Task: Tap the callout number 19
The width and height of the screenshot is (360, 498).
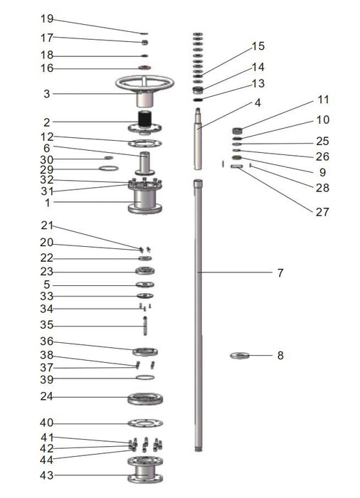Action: click(47, 18)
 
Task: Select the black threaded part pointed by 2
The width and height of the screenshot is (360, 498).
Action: click(145, 119)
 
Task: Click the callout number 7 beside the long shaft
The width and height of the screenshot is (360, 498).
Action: click(280, 272)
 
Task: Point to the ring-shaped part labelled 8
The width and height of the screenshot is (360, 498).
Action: click(240, 356)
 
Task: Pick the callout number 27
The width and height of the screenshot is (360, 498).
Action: click(322, 212)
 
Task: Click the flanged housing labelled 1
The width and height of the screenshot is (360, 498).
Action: click(145, 196)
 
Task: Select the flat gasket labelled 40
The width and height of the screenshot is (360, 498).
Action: click(145, 423)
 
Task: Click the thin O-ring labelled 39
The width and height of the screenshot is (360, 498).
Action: click(145, 377)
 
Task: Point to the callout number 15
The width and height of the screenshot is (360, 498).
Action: click(258, 46)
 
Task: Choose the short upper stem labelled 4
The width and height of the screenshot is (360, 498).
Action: click(198, 139)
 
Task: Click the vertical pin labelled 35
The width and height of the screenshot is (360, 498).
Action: click(145, 326)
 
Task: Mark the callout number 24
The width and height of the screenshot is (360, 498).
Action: click(46, 396)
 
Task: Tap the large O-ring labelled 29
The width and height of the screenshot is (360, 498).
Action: click(109, 169)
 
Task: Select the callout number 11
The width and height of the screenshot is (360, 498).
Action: click(323, 100)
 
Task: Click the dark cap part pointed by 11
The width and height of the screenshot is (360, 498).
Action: click(238, 130)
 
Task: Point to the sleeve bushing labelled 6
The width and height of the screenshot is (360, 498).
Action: click(145, 163)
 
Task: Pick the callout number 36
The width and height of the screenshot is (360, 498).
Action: click(46, 341)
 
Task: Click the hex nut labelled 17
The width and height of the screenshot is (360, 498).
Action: click(144, 42)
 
